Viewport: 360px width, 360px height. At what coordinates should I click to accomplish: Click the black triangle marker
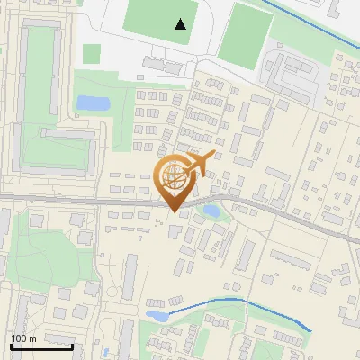(x=181, y=24)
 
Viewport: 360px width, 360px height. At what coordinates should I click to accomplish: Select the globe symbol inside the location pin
(x=174, y=175)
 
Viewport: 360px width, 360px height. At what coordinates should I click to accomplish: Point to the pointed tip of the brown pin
(x=174, y=211)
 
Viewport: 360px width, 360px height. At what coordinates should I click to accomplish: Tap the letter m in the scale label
(x=32, y=338)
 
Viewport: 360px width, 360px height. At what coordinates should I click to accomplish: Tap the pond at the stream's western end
(x=157, y=316)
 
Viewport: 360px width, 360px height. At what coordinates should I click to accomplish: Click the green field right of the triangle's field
(x=244, y=36)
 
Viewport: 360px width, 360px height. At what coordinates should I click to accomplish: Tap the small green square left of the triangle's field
(x=91, y=54)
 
